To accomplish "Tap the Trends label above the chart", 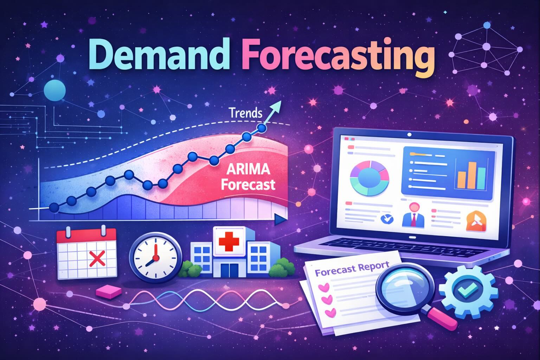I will [x=245, y=113].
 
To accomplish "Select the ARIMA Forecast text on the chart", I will [x=248, y=178].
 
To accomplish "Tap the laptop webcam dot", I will [x=409, y=134].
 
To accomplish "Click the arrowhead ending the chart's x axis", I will [x=280, y=220].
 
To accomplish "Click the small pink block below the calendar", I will [x=108, y=291].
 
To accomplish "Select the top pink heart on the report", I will [x=322, y=288].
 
